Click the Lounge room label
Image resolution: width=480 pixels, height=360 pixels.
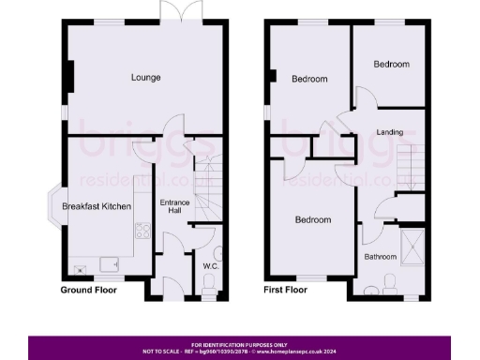coord(145,77)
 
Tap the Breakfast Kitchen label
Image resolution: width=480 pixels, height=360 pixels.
coord(97,206)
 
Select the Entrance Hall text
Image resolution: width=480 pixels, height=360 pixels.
coord(170,207)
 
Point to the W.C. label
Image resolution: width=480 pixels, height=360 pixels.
coord(210,266)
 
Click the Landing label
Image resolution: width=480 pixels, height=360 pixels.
coord(390,132)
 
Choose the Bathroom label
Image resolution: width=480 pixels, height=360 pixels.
coord(381,254)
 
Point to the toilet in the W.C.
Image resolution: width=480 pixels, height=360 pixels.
coord(218,253)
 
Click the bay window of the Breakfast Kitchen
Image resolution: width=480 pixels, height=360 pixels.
coord(56,206)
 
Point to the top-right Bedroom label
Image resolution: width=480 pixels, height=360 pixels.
coord(391,65)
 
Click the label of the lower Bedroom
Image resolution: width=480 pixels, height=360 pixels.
coord(313,220)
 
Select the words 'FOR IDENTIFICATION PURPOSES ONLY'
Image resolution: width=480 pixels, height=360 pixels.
coord(240,343)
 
